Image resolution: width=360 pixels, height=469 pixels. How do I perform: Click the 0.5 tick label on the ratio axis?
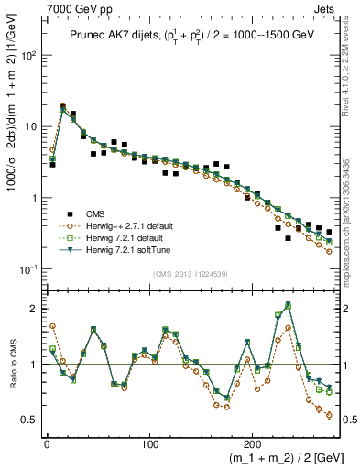pos(29,420)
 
